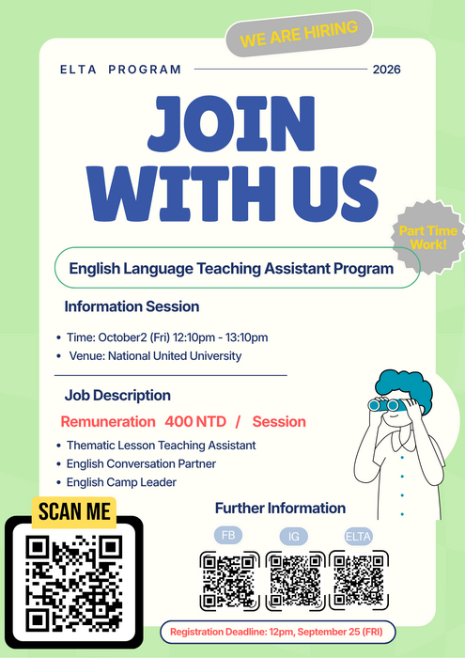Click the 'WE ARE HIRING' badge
(299, 34)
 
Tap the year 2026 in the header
(387, 70)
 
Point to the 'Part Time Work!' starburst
(428, 237)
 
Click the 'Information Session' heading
(132, 306)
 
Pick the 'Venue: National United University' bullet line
(155, 356)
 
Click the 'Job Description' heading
(117, 396)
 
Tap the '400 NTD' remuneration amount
(195, 421)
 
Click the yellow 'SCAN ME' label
(74, 512)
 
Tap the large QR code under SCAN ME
(74, 584)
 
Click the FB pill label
(228, 535)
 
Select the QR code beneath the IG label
(296, 581)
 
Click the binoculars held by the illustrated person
(383, 405)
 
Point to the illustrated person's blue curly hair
(405, 388)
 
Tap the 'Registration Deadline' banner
(277, 632)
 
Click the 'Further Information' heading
(281, 509)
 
